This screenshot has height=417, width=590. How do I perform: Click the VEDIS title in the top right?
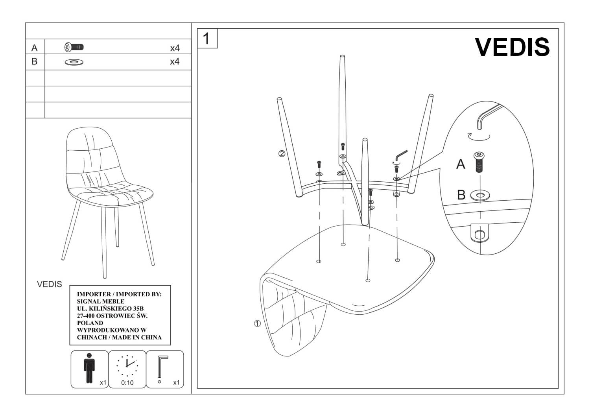tap(512, 47)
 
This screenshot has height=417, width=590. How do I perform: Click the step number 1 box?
tap(207, 39)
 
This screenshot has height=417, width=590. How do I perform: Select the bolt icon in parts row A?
tap(74, 47)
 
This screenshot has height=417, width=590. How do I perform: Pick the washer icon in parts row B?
tap(74, 62)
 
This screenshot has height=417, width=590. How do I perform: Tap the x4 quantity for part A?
tap(175, 48)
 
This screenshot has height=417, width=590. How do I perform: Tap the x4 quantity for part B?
tap(175, 62)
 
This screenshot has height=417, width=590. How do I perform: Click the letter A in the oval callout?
tap(461, 164)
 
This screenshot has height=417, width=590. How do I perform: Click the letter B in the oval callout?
tap(461, 195)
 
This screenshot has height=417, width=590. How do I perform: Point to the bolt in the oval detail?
tap(479, 162)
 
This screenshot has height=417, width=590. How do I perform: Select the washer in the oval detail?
tap(479, 194)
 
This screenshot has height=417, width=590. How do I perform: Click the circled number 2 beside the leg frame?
tap(282, 154)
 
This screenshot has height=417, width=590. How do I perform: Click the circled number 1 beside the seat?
tap(257, 324)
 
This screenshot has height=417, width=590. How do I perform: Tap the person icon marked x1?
tap(89, 367)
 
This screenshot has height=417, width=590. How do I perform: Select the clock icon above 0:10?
tap(127, 365)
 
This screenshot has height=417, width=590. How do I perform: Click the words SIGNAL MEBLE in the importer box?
tap(101, 301)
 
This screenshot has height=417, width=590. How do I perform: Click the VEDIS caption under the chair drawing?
tap(50, 284)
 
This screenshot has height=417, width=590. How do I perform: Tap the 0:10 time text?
tap(127, 382)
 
